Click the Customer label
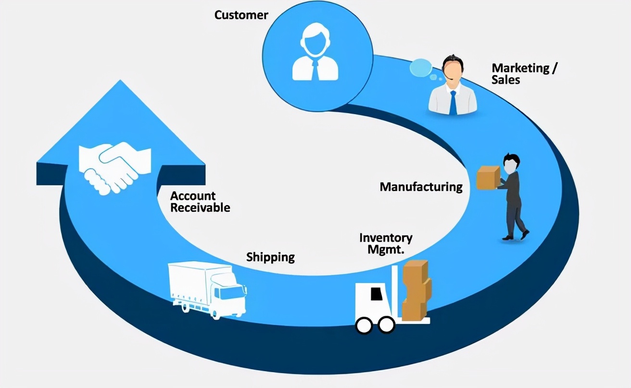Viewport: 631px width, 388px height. pos(241,15)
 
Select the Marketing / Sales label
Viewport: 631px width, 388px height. pos(524,74)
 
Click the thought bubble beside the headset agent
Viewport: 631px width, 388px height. pos(421,68)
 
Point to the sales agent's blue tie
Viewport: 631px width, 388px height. pos(453,103)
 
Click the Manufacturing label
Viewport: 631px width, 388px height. pos(421,187)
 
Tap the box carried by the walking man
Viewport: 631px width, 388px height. pos(488,177)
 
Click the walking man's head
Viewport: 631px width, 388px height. pos(510,162)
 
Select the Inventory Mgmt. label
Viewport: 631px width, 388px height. pos(386,243)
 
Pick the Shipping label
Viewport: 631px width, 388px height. pos(270,257)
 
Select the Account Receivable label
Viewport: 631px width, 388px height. pos(200,202)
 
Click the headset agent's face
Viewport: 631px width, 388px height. pos(453,72)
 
